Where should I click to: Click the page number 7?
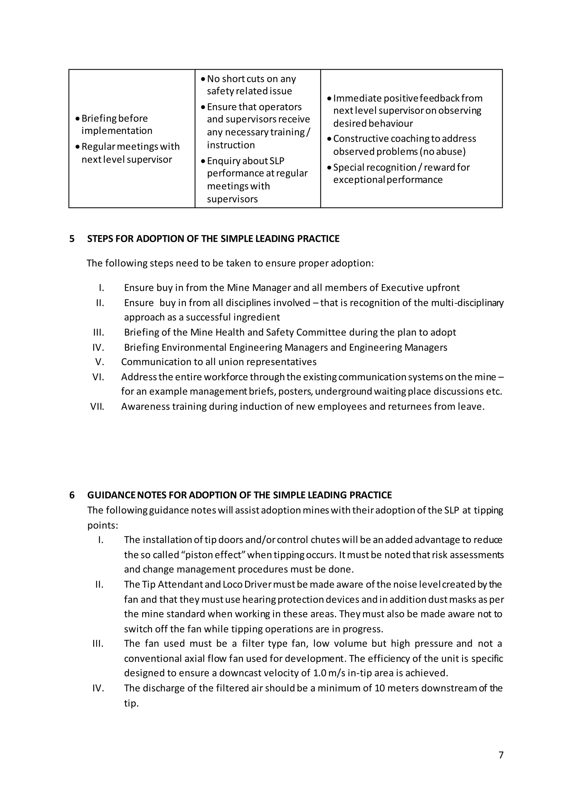pos(501,755)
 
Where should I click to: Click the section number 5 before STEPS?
pos(72,239)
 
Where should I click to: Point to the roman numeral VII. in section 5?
pos(97,407)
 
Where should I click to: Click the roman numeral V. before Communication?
pos(99,362)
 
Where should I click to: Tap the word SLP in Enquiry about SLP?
pos(277,161)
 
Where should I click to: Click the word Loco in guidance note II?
pos(232,584)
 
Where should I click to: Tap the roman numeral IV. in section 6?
pos(98,688)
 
